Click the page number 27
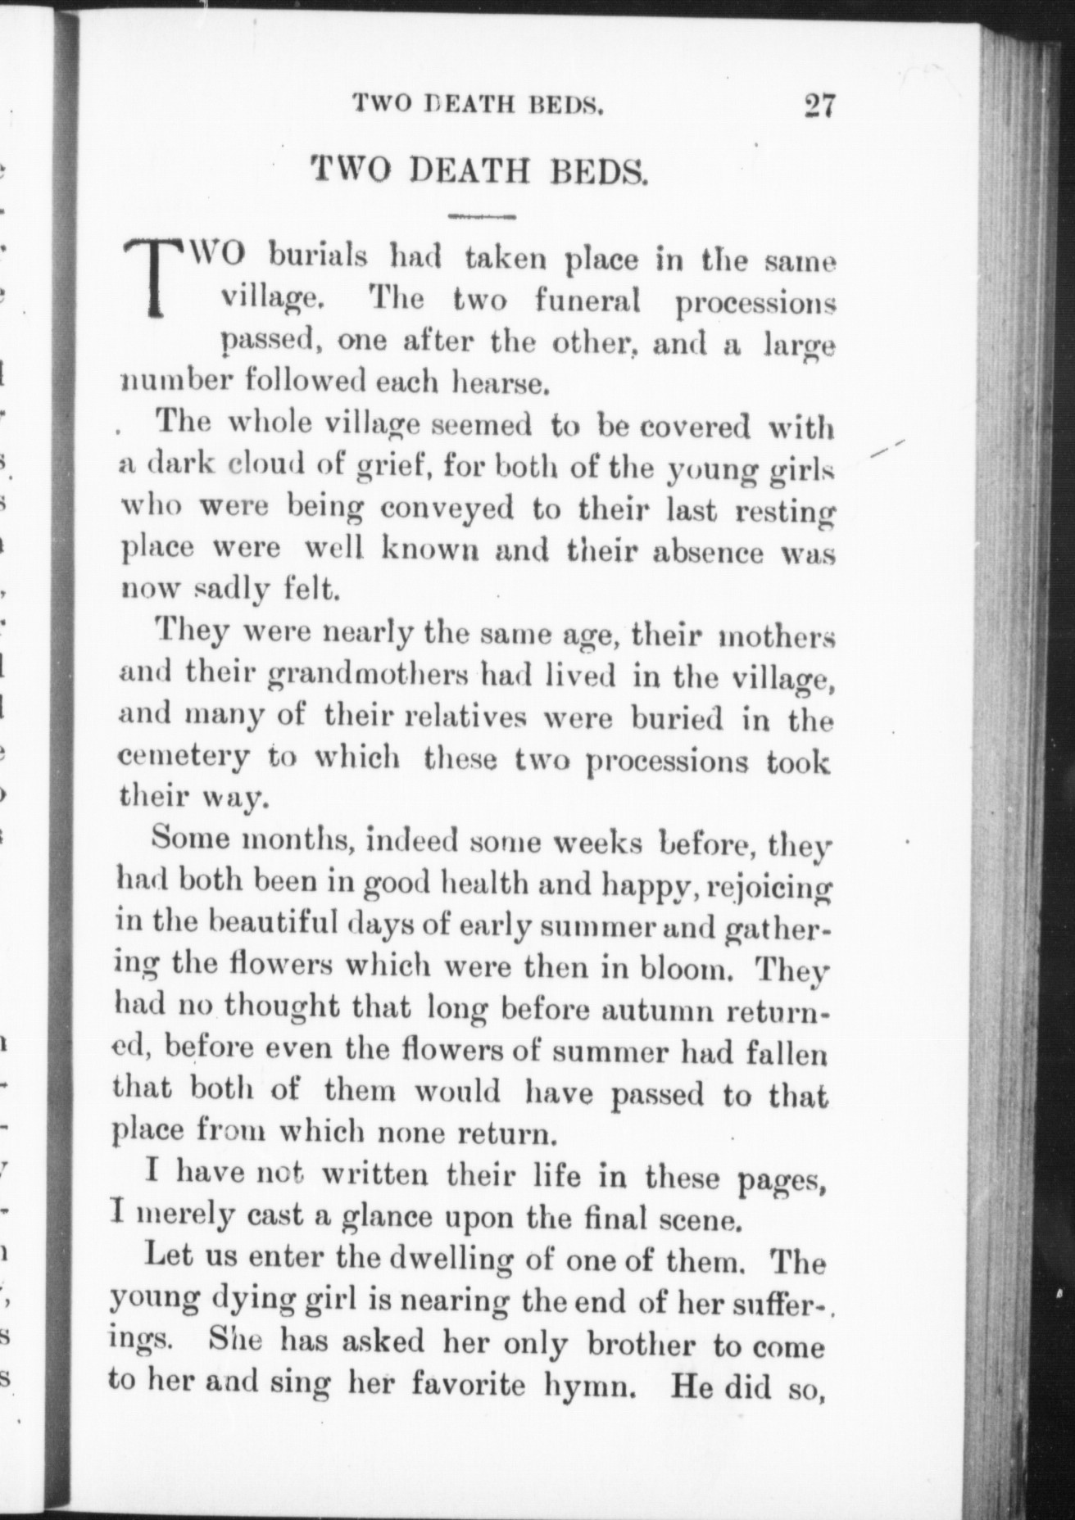(819, 107)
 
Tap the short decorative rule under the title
(483, 217)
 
